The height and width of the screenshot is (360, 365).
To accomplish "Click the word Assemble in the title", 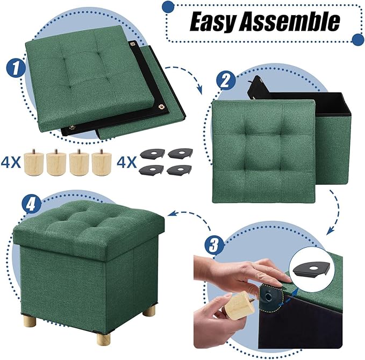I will point(292,22).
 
